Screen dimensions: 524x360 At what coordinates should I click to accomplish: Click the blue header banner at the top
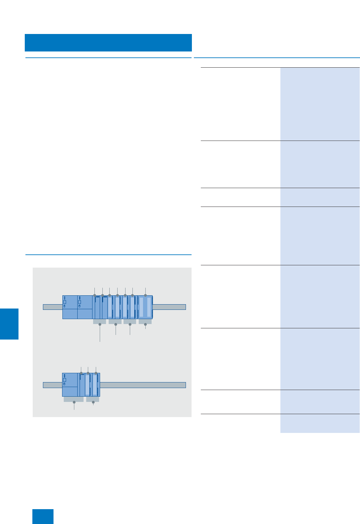108,43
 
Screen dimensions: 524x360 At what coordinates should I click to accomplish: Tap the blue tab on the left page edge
9,324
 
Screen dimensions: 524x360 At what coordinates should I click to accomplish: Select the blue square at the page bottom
43,516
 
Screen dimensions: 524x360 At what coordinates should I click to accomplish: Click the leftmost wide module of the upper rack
70,307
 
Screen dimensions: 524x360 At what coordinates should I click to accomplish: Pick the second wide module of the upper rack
85,307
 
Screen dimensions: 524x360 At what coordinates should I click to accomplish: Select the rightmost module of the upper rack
145,307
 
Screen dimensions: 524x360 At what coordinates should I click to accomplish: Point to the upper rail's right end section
169,307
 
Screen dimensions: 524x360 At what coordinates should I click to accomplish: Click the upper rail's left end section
53,307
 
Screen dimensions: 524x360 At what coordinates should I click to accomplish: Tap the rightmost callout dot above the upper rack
145,295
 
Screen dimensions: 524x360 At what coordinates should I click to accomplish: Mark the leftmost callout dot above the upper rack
95,295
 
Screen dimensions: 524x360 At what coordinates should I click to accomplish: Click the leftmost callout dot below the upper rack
100,324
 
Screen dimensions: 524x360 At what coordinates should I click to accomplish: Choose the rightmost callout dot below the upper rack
145,324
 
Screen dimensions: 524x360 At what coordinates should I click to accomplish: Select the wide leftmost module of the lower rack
70,385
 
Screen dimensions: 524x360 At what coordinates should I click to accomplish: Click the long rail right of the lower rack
143,385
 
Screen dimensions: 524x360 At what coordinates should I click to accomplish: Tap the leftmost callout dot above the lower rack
81,373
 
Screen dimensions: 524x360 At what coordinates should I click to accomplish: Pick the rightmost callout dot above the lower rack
96,373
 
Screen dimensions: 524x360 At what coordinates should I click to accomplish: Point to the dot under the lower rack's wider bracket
74,402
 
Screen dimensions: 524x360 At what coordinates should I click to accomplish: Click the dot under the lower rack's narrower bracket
93,402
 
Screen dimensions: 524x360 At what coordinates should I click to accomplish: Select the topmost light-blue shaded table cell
320,104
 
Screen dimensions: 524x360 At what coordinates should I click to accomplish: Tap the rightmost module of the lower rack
96,385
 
